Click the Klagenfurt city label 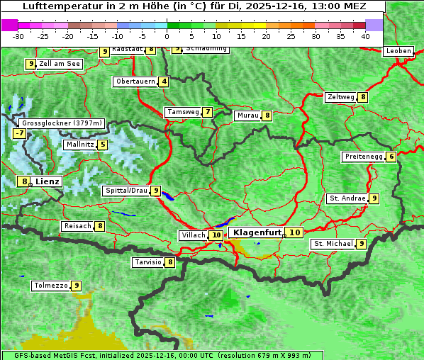[258, 232]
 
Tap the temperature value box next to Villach [216, 235]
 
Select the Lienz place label [48, 181]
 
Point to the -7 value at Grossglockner [20, 133]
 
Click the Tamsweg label [182, 112]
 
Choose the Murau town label [247, 116]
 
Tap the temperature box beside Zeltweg [363, 97]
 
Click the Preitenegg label [364, 157]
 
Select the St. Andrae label [347, 198]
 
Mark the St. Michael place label [333, 244]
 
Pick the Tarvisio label [148, 262]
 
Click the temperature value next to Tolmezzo [76, 286]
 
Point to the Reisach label [77, 226]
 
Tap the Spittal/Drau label [125, 191]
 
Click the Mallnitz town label [79, 145]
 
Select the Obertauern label [135, 81]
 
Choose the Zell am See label [60, 64]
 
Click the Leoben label [398, 51]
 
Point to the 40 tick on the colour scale [365, 35]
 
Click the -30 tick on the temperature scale [18, 35]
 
